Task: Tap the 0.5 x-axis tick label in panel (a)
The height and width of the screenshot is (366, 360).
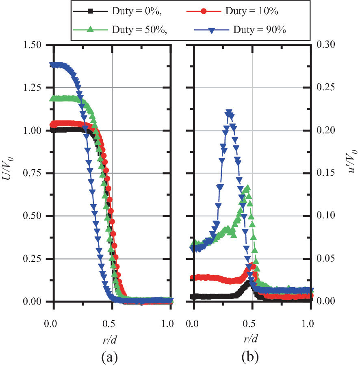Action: click(x=111, y=324)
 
